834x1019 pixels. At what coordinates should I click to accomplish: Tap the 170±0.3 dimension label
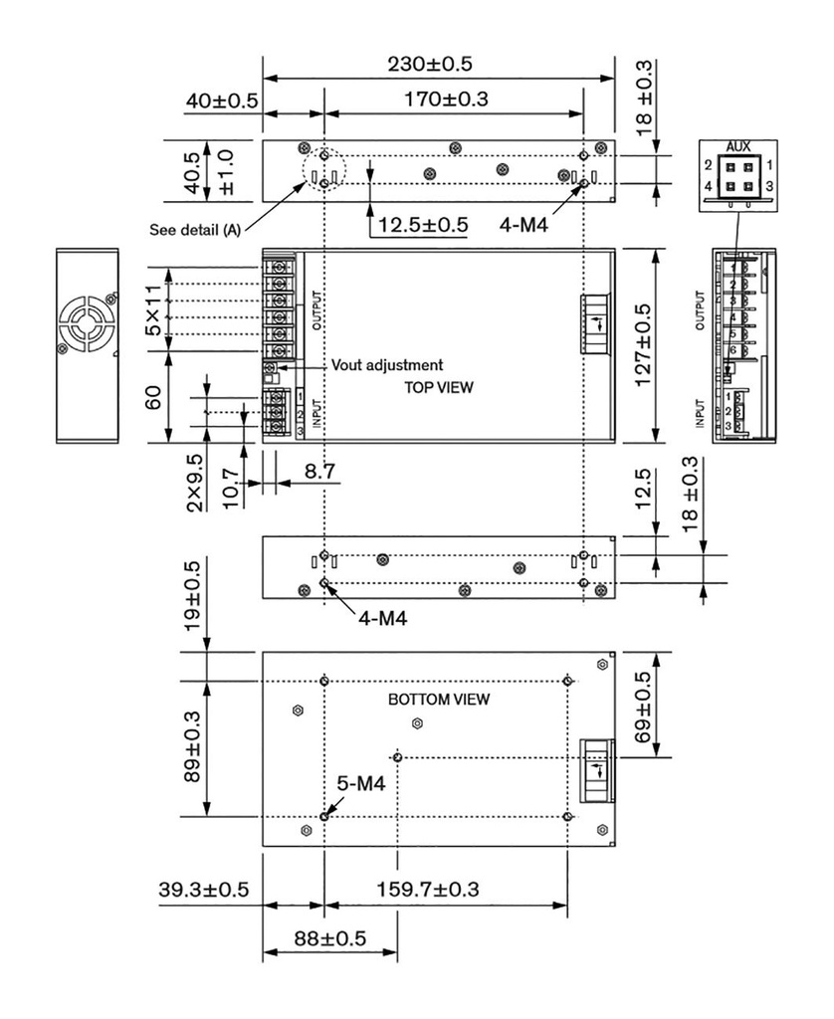445,100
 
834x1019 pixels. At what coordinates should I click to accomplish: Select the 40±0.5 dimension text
220,101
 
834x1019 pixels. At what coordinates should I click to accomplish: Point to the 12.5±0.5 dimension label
418,225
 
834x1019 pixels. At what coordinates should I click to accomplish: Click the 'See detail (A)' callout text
194,230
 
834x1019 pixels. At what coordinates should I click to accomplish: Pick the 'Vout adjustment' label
386,365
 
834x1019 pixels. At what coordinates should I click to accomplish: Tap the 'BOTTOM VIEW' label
438,700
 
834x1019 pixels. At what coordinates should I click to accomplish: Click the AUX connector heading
738,145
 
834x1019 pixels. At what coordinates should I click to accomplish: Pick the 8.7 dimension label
318,471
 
